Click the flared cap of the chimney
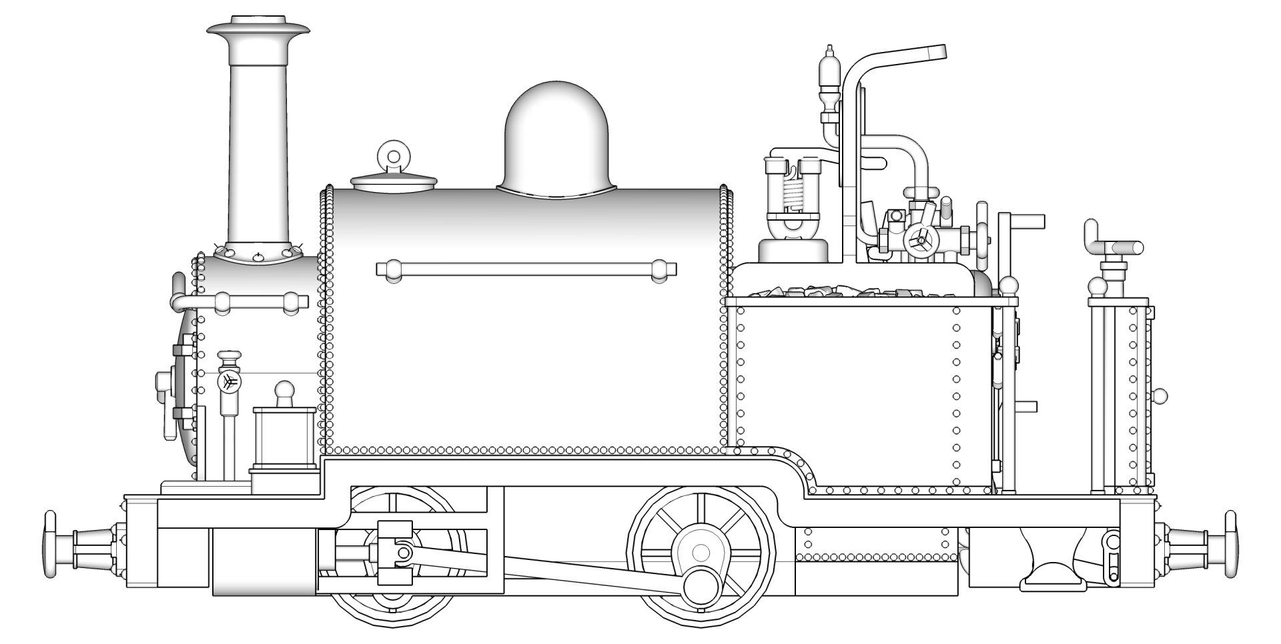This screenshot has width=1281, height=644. click(258, 30)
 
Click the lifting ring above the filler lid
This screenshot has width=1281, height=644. click(394, 157)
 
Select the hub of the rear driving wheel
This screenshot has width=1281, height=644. click(701, 552)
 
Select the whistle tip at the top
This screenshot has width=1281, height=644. click(829, 51)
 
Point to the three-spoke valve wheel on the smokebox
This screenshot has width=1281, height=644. click(229, 381)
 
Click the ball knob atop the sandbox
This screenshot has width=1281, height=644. click(285, 390)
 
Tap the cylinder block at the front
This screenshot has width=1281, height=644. click(264, 560)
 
